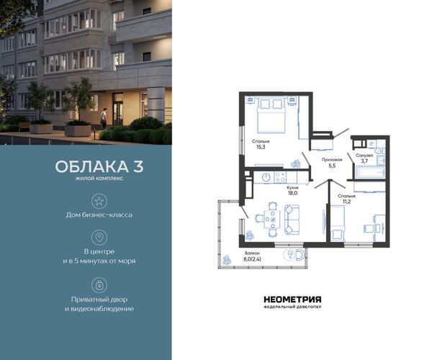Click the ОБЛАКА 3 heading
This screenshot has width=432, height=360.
tap(99, 166)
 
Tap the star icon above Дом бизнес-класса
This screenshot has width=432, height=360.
tap(99, 201)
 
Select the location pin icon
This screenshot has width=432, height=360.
tap(99, 237)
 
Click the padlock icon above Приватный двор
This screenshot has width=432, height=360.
tap(99, 285)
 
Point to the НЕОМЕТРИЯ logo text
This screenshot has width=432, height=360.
tap(292, 300)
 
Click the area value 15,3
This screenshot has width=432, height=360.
tap(261, 147)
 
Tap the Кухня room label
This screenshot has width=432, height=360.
tap(292, 187)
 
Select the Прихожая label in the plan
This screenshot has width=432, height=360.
tap(332, 159)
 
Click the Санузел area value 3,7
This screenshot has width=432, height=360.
tap(364, 161)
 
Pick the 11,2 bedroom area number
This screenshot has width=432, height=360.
tap(346, 202)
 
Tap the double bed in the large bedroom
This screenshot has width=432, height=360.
tap(271, 116)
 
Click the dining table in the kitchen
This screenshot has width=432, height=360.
tap(272, 220)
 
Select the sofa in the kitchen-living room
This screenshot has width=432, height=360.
tap(292, 220)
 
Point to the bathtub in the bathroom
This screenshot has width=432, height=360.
tap(369, 172)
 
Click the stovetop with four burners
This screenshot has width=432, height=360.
tap(280, 177)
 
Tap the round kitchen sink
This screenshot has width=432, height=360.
tap(266, 177)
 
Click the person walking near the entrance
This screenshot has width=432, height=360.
tap(104, 118)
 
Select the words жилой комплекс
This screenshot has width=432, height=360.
tap(99, 179)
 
